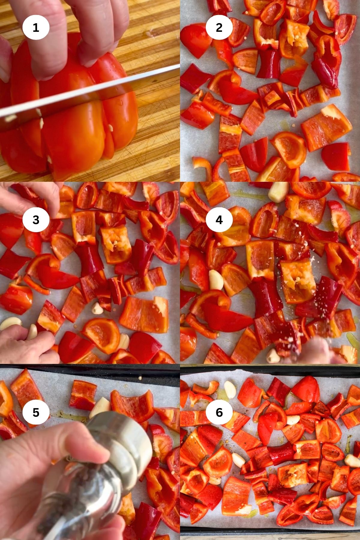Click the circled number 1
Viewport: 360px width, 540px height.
36,28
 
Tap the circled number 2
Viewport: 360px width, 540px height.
219,28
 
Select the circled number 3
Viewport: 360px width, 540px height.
36,220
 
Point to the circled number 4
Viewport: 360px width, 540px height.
219,220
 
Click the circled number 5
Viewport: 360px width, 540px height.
36,412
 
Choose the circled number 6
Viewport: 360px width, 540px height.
219,412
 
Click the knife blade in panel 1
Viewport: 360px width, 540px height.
90,93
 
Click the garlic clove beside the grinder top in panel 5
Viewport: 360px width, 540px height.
100,407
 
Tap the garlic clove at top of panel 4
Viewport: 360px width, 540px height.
278,192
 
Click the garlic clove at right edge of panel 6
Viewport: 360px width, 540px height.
352,460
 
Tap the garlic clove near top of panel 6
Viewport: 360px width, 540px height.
230,389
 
